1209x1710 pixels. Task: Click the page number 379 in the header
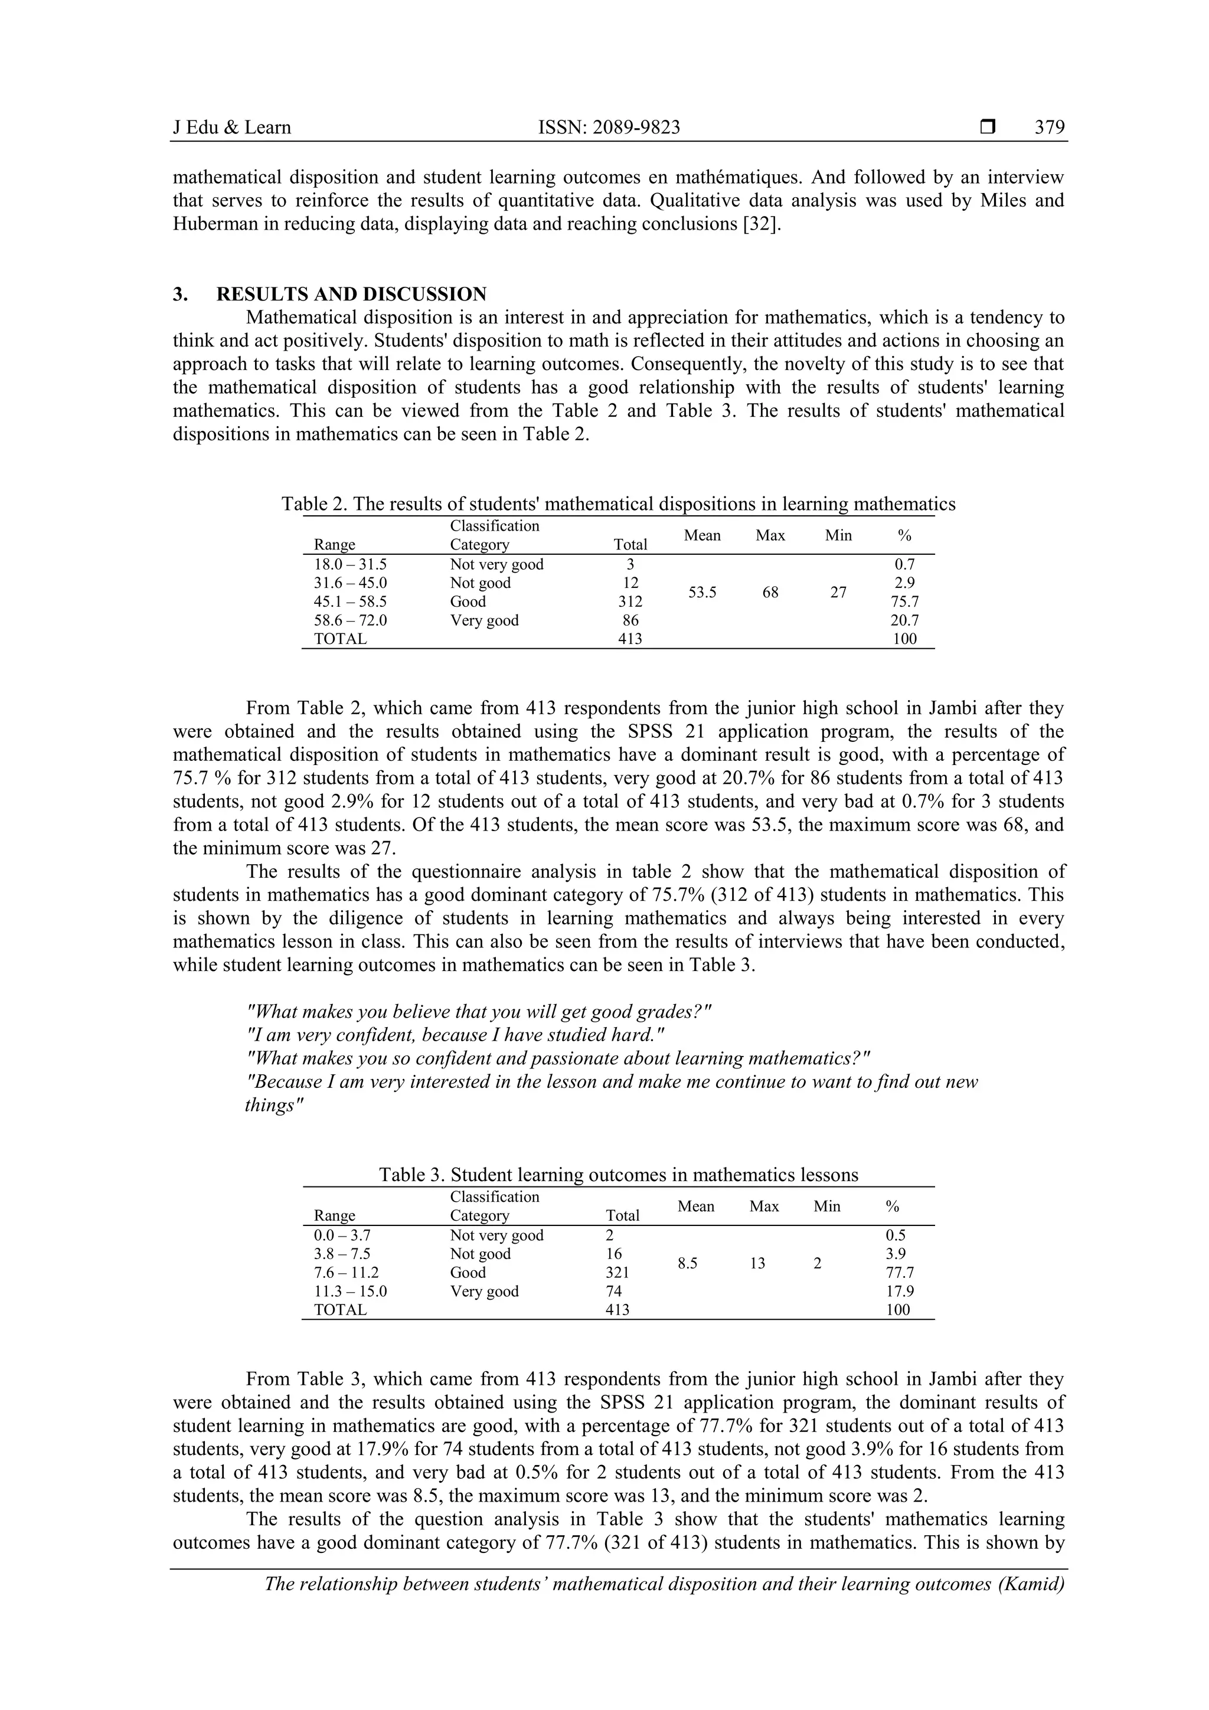pos(1049,128)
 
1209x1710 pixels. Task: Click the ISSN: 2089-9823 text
pos(609,128)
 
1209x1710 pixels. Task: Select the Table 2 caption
pos(617,504)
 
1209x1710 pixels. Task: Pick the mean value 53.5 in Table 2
pos(702,592)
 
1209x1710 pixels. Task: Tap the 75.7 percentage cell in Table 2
pos(904,602)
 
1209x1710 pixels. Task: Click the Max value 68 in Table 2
pos(770,592)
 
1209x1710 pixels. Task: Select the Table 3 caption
pos(617,1175)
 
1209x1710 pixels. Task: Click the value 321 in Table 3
pos(617,1273)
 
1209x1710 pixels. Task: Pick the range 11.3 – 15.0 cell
pos(350,1292)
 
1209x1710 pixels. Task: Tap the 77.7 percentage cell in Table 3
pos(899,1273)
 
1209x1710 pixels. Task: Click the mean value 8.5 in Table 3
pos(687,1263)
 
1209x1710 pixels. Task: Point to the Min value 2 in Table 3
pos(817,1263)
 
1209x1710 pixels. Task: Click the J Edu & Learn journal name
pos(231,128)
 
